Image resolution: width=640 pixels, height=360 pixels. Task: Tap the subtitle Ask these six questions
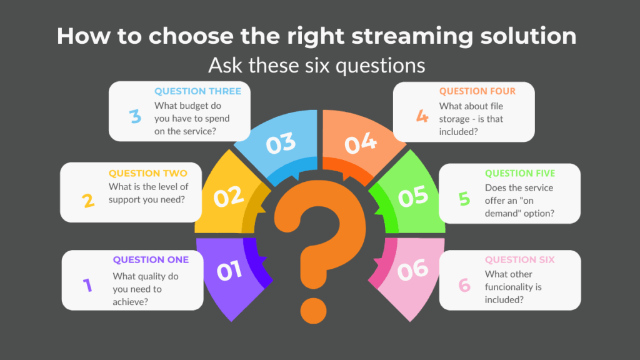[317, 65]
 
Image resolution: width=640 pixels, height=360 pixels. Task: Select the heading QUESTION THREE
[197, 91]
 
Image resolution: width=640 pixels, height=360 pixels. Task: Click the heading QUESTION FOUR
[477, 91]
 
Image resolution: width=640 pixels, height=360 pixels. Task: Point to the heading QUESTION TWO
[147, 173]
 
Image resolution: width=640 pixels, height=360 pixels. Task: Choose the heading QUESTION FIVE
[520, 173]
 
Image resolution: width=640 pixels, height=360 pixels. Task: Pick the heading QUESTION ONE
[151, 259]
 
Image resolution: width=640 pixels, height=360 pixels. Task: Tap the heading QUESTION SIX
[519, 259]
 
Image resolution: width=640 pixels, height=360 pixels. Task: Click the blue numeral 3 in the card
[135, 116]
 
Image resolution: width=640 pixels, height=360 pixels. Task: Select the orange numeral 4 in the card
[422, 116]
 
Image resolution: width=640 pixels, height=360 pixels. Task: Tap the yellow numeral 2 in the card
[88, 201]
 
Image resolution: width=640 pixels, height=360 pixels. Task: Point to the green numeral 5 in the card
[464, 199]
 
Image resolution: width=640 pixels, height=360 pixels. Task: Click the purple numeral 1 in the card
[87, 285]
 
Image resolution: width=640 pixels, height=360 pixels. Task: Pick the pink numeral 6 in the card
[464, 285]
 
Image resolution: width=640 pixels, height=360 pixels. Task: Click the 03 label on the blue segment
[281, 143]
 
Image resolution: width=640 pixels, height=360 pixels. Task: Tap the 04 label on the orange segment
[361, 143]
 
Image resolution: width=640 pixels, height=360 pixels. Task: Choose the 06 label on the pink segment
[412, 270]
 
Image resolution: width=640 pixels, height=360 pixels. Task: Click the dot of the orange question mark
[314, 311]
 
